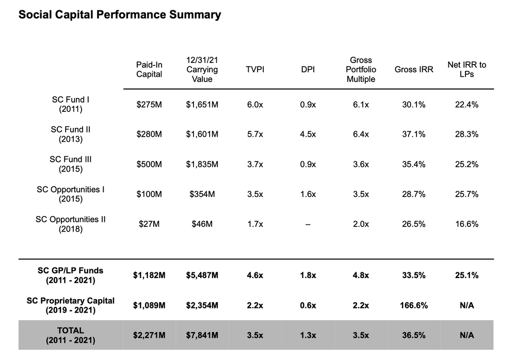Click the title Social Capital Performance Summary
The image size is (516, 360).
pos(120,15)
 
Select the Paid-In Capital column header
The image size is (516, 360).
pos(149,70)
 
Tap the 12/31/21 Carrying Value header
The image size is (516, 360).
pos(202,70)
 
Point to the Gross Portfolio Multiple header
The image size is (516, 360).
pos(361,70)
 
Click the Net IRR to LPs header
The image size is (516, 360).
pos(466,70)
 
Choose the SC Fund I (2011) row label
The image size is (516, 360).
pos(71,104)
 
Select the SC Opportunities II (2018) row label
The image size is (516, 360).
pos(71,224)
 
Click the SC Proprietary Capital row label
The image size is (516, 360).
pos(71,305)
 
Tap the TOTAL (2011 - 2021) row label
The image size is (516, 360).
pos(71,335)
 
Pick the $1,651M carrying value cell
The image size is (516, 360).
pos(202,105)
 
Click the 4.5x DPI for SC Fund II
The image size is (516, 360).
pos(308,135)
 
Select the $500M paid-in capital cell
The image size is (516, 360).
pos(149,165)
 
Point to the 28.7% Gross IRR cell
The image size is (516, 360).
pos(413,194)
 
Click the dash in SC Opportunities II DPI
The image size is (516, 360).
pos(308,224)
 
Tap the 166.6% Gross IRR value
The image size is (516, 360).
pos(413,305)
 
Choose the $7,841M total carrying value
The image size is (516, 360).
pos(202,335)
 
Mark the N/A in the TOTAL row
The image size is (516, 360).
pos(466,335)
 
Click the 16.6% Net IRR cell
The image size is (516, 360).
pos(466,224)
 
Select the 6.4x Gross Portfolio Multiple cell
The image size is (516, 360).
pos(361,135)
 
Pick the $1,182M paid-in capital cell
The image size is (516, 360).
pos(149,275)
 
